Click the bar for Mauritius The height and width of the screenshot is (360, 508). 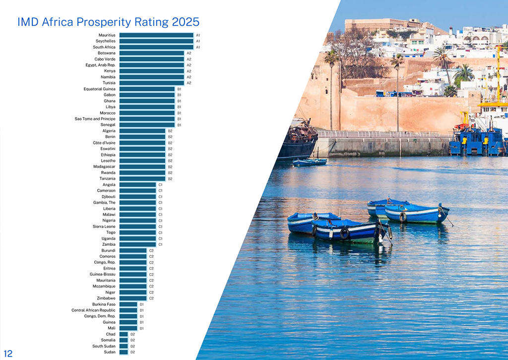click(156, 35)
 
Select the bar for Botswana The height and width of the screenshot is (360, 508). click(151, 53)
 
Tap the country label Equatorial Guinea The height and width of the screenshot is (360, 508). click(99, 89)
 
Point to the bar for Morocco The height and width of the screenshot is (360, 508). click(147, 113)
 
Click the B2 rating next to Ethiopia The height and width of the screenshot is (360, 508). click(170, 155)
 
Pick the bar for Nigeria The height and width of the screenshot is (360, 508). click(137, 220)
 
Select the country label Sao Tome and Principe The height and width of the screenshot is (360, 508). click(95, 119)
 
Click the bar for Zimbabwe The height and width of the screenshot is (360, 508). click(133, 298)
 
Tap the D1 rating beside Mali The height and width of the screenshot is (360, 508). click(141, 328)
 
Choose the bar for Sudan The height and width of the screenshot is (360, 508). click(124, 352)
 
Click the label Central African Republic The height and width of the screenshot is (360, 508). click(93, 310)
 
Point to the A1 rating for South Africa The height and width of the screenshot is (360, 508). click(198, 47)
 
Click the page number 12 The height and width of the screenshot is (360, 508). click(8, 354)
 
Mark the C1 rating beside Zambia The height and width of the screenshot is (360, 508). click(160, 244)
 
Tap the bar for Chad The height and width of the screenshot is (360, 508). click(124, 334)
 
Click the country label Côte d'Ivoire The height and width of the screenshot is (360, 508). click(104, 143)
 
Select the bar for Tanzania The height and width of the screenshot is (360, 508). click(142, 179)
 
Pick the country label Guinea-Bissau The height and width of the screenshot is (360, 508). click(102, 275)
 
